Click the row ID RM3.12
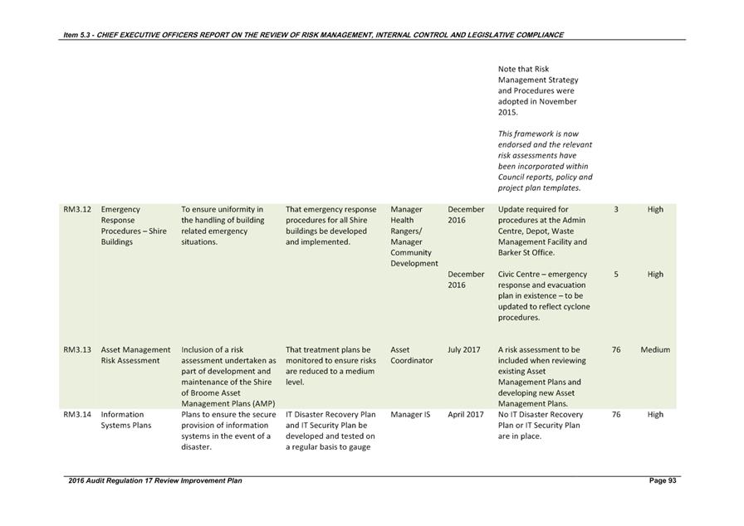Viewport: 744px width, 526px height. point(76,209)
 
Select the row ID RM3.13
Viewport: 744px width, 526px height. point(76,350)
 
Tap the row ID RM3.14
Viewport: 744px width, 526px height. point(76,415)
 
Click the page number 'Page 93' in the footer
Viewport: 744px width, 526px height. point(663,481)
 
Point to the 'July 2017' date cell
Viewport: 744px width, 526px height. point(463,350)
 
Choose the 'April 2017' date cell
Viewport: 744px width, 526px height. point(465,415)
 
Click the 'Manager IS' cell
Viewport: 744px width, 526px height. point(410,415)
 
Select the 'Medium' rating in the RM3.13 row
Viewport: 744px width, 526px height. point(655,350)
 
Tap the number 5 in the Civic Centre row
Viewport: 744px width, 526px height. point(616,275)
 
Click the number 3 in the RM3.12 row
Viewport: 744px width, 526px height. point(616,210)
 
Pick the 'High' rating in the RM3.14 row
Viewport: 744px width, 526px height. point(655,415)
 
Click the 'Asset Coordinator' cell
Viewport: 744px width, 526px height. point(411,355)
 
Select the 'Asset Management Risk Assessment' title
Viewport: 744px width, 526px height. point(135,355)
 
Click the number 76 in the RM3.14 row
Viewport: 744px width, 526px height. point(616,415)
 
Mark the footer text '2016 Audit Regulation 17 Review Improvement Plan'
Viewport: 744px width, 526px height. point(155,481)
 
